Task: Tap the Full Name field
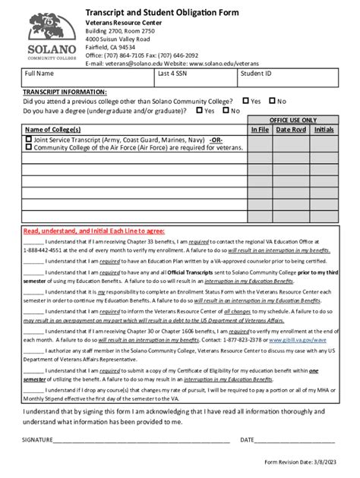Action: pos(87,80)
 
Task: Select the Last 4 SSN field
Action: pos(194,80)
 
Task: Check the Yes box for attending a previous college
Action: pos(246,100)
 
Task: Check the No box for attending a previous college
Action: pos(272,100)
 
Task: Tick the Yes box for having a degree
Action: pos(200,110)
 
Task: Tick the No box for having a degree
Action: pos(226,110)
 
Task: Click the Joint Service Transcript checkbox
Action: pos(29,140)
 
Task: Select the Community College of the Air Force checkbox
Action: pos(29,147)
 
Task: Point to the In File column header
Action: pos(260,130)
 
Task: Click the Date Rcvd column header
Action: pos(291,130)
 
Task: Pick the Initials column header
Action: pos(324,130)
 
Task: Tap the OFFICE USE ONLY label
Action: pos(294,120)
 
